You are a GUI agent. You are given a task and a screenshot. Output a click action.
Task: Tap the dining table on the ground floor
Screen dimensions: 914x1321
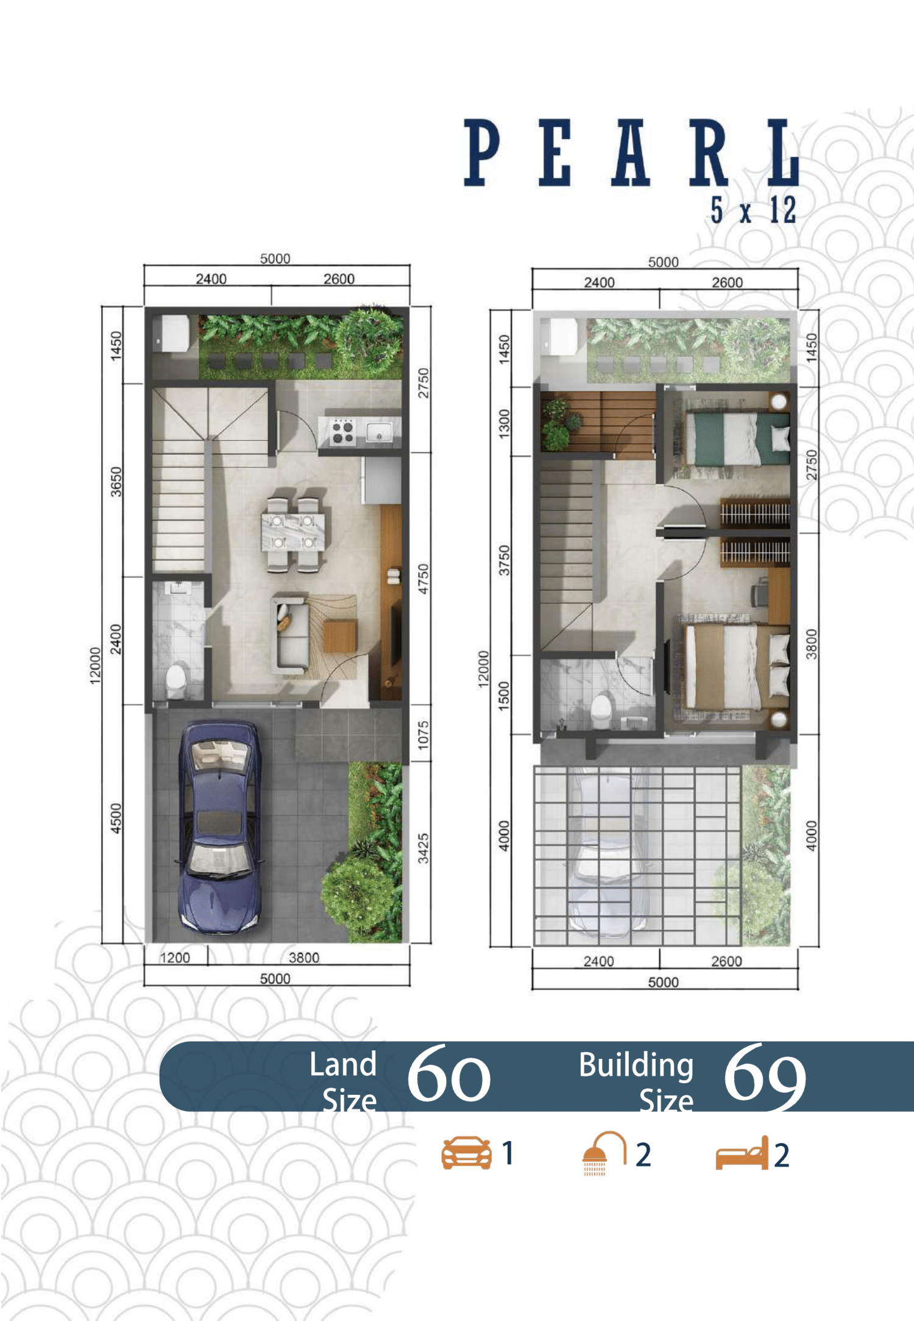click(x=292, y=532)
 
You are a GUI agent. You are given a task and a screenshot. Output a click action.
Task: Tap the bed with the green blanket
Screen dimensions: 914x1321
click(x=737, y=438)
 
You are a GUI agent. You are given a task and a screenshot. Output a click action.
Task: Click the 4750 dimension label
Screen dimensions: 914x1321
click(x=423, y=579)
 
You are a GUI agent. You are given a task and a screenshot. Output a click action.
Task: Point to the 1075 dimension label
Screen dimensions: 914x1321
click(x=423, y=735)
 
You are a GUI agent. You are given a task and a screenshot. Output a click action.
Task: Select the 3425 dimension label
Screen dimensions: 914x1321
click(x=423, y=849)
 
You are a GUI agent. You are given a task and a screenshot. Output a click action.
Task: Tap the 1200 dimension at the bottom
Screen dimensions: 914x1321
click(x=175, y=958)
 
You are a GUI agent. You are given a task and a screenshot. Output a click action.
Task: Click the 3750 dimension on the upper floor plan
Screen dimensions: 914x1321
click(x=504, y=560)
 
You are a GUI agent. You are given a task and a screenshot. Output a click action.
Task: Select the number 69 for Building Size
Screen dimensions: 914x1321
click(x=765, y=1075)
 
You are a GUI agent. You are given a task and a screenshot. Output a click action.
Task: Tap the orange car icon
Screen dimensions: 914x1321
click(x=466, y=1153)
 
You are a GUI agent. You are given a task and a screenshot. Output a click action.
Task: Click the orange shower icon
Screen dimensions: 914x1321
click(x=603, y=1153)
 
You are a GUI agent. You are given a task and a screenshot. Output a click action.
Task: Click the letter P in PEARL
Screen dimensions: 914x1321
click(x=482, y=152)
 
